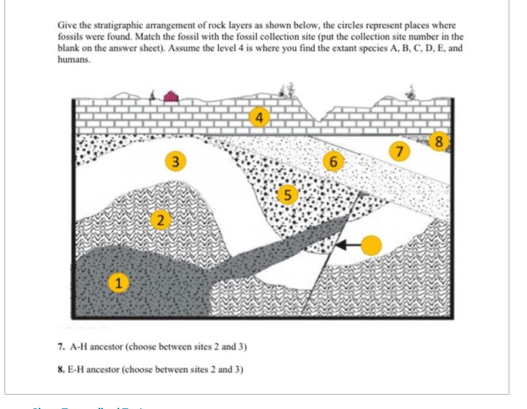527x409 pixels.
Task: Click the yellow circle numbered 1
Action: point(119,282)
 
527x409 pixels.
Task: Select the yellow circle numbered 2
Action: point(161,219)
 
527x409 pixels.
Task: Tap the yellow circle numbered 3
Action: point(177,161)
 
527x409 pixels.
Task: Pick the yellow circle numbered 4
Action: point(260,118)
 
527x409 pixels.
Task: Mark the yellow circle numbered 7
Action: point(400,151)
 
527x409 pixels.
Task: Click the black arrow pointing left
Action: point(348,245)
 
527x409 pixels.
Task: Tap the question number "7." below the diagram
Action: point(61,346)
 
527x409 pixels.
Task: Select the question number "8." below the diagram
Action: point(61,369)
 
